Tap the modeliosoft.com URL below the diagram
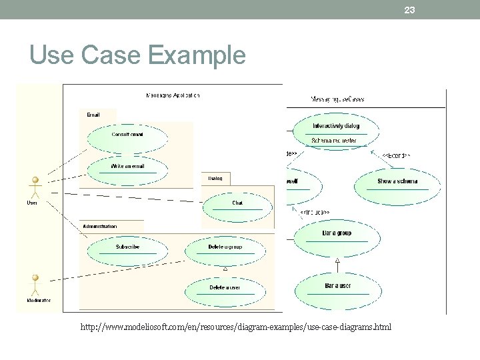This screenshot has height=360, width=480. (236, 327)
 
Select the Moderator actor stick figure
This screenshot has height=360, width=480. (35, 284)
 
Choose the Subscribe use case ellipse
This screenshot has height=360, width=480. (127, 250)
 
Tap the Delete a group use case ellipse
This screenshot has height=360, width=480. (225, 250)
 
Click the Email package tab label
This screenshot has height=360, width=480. (93, 115)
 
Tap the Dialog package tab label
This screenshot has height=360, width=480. (215, 178)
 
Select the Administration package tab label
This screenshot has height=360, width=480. (99, 227)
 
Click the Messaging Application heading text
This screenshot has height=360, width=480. (173, 95)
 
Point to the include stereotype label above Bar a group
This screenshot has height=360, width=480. (314, 212)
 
